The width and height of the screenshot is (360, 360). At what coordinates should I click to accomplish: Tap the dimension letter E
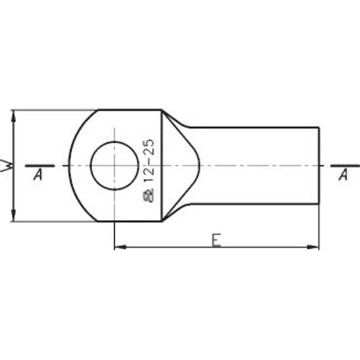216,240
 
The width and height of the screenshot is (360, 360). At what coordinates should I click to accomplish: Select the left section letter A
38,175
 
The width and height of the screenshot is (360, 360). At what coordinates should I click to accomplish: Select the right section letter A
343,175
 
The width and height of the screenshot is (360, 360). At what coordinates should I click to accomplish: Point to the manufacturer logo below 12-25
148,196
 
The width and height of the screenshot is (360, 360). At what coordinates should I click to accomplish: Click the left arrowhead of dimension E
120,247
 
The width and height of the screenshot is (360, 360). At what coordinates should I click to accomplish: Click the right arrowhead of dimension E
313,247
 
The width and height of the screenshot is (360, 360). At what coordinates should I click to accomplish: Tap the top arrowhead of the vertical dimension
13,117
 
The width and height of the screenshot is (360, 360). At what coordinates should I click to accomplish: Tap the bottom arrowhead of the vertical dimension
13,215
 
